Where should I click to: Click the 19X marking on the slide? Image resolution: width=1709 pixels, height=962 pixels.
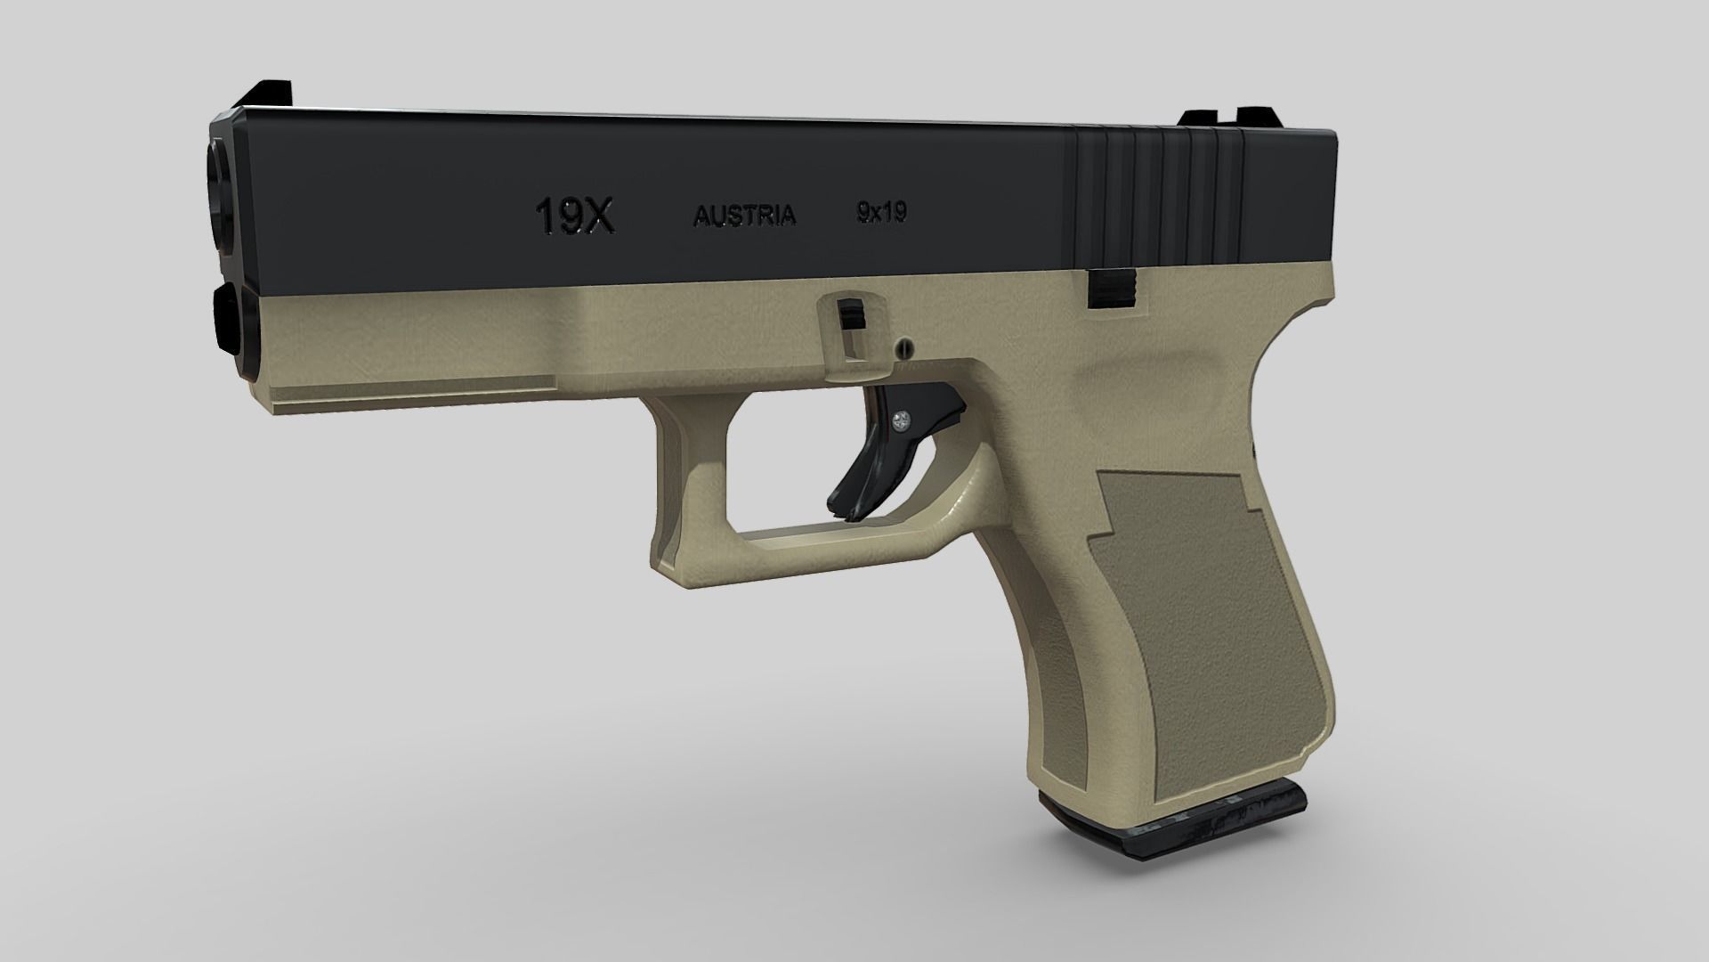574,216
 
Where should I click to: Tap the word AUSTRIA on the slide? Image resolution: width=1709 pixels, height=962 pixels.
744,216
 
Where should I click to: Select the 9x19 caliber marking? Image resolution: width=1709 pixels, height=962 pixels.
881,212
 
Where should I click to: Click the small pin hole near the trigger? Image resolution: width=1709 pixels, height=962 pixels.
905,344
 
